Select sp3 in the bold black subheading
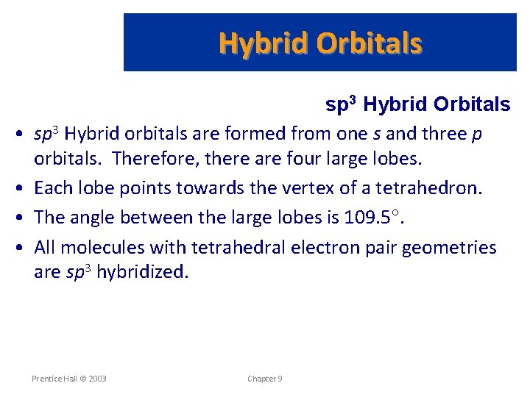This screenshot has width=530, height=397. pyautogui.click(x=342, y=105)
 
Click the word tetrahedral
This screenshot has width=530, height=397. pyautogui.click(x=233, y=248)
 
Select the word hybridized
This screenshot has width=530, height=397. pyautogui.click(x=143, y=273)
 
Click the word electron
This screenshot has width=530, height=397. pyautogui.click(x=320, y=248)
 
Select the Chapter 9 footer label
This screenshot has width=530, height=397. pyautogui.click(x=264, y=379)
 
